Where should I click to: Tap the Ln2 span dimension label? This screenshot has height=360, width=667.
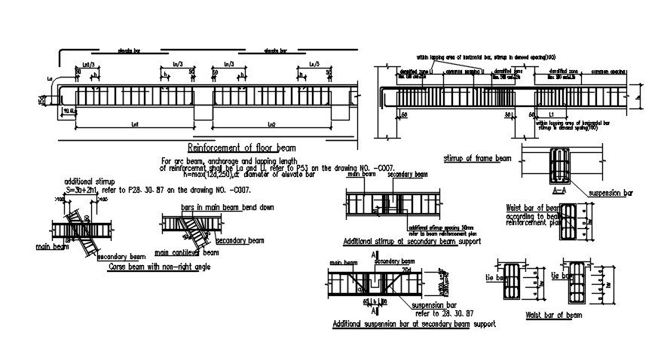click(271, 124)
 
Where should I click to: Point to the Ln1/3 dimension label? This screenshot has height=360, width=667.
click(87, 66)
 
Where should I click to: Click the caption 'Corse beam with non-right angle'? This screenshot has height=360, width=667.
click(159, 267)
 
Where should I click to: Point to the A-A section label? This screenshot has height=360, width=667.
click(559, 191)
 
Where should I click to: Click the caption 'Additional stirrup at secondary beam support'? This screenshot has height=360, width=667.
click(412, 241)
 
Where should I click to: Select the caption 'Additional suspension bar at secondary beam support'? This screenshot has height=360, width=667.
click(414, 324)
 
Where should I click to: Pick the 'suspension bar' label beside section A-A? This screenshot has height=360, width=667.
click(610, 194)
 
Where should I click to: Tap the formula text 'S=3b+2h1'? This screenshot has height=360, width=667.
click(84, 191)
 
